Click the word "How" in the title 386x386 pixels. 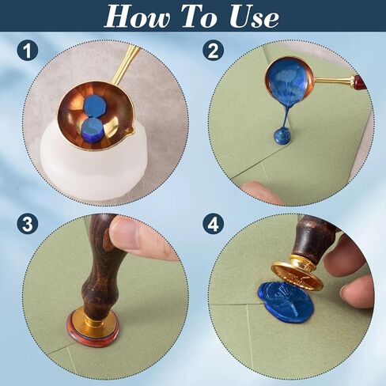coord(137,16)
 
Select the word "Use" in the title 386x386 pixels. coord(254,17)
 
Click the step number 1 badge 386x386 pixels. coord(28,51)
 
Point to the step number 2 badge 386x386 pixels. coord(213,51)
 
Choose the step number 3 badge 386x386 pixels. coord(28,225)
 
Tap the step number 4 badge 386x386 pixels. coord(213,225)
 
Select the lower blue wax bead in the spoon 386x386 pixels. coord(91,128)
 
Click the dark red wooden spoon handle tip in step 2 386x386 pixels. coord(359,81)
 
